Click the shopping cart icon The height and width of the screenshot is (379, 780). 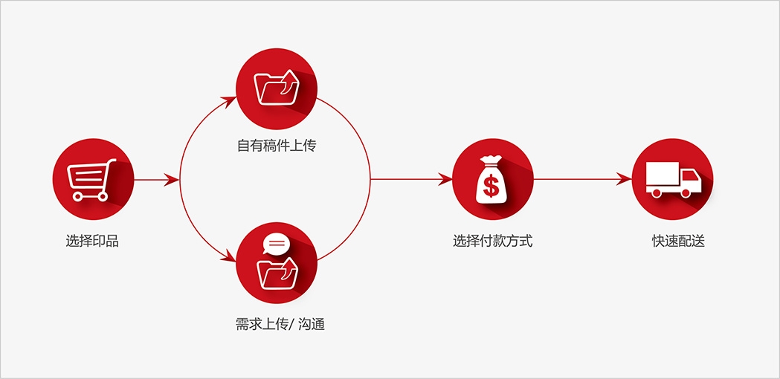[91, 180]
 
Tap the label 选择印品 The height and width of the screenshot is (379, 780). [92, 242]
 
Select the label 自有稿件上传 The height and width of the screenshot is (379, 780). [276, 146]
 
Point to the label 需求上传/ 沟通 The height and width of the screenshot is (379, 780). [280, 325]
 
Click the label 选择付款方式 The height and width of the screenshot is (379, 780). [492, 242]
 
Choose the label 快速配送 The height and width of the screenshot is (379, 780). [679, 242]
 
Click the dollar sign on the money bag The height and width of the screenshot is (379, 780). [491, 187]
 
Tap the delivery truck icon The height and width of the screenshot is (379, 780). [673, 179]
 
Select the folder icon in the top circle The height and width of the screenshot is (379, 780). [277, 88]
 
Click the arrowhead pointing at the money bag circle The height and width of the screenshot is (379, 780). [445, 179]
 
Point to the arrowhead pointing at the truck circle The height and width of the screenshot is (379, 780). [625, 179]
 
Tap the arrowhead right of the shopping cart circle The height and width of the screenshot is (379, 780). [171, 180]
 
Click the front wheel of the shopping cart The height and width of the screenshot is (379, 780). [103, 196]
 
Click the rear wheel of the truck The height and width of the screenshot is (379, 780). [657, 193]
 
